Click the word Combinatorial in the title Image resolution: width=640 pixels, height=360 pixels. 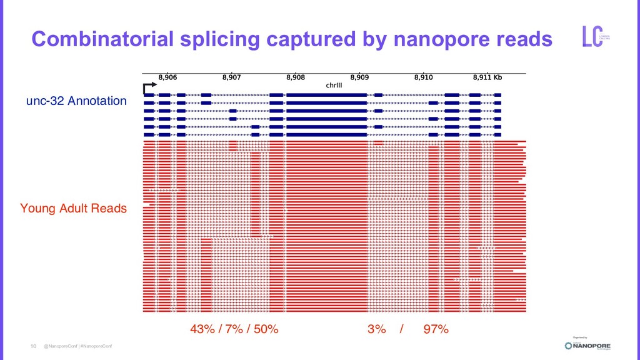point(102,39)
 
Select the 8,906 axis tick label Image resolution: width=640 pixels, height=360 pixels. point(167,78)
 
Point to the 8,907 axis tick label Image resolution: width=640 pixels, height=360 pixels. point(231,78)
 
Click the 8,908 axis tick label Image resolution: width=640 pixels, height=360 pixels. point(296,78)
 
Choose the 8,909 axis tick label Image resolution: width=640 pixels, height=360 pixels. point(359,78)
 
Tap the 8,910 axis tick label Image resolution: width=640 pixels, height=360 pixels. point(423,78)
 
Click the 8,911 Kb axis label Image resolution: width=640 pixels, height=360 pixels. point(487,78)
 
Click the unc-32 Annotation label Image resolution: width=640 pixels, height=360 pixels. point(76,101)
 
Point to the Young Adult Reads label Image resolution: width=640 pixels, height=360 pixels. point(73,208)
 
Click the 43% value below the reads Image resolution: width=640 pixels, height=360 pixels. point(202,329)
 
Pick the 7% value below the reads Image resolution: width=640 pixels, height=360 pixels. point(234,329)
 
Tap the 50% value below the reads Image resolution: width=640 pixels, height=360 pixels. point(266,329)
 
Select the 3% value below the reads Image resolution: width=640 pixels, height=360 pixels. point(376,329)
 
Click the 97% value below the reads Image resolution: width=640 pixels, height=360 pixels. point(436,329)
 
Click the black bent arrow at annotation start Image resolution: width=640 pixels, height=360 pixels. point(149,87)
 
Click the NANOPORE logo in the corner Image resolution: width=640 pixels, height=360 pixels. point(587,346)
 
